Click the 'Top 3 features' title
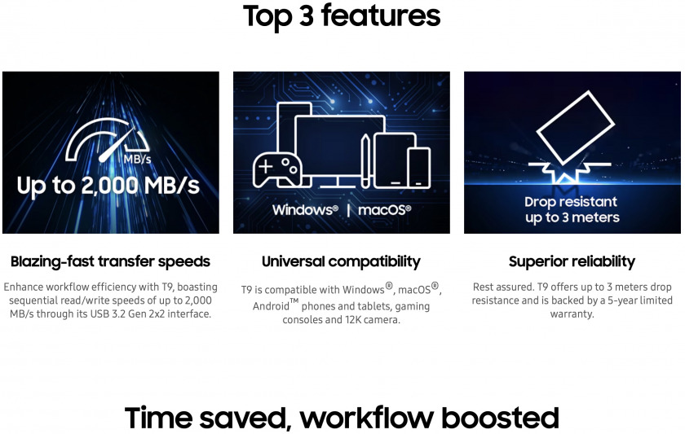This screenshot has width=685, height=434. coord(342,16)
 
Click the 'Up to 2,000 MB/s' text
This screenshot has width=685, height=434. coord(108,186)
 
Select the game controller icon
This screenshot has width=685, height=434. coord(277,169)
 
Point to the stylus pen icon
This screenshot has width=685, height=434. coord(365,161)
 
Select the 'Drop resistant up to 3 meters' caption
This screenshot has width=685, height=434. coord(572,209)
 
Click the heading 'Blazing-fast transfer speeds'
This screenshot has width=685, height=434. coord(111,261)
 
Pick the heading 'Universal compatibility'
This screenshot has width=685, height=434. coord(341,261)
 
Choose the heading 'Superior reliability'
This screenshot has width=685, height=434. coord(572,261)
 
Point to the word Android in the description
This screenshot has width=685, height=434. coord(271,306)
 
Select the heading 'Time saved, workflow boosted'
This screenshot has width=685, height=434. coord(342,418)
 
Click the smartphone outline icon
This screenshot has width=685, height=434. coord(419,168)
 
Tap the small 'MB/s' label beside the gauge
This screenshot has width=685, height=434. coord(137,159)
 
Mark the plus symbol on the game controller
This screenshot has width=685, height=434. coord(266,166)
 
